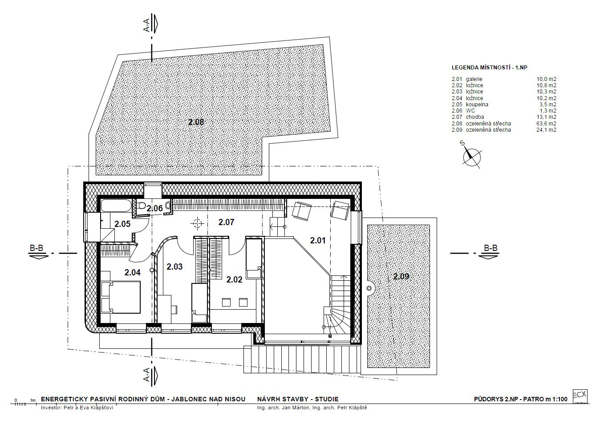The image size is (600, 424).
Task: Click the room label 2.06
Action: (155, 208)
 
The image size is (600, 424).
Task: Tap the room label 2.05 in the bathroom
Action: (122, 224)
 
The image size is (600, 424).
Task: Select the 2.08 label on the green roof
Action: (196, 122)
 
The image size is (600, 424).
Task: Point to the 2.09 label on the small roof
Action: (401, 276)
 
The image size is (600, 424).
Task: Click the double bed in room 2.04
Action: (121, 297)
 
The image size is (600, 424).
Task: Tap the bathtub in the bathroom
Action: (117, 206)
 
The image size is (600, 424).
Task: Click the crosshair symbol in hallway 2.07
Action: (198, 223)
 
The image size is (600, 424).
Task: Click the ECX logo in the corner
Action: (580, 396)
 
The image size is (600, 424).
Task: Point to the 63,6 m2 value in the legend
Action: (546, 123)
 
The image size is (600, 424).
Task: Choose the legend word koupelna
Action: (477, 105)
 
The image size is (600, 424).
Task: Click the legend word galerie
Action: (474, 79)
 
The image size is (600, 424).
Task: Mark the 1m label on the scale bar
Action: (33, 400)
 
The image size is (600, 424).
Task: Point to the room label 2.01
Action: (318, 240)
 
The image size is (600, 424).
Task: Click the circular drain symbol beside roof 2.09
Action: (369, 288)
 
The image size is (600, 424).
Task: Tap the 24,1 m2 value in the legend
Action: (546, 130)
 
